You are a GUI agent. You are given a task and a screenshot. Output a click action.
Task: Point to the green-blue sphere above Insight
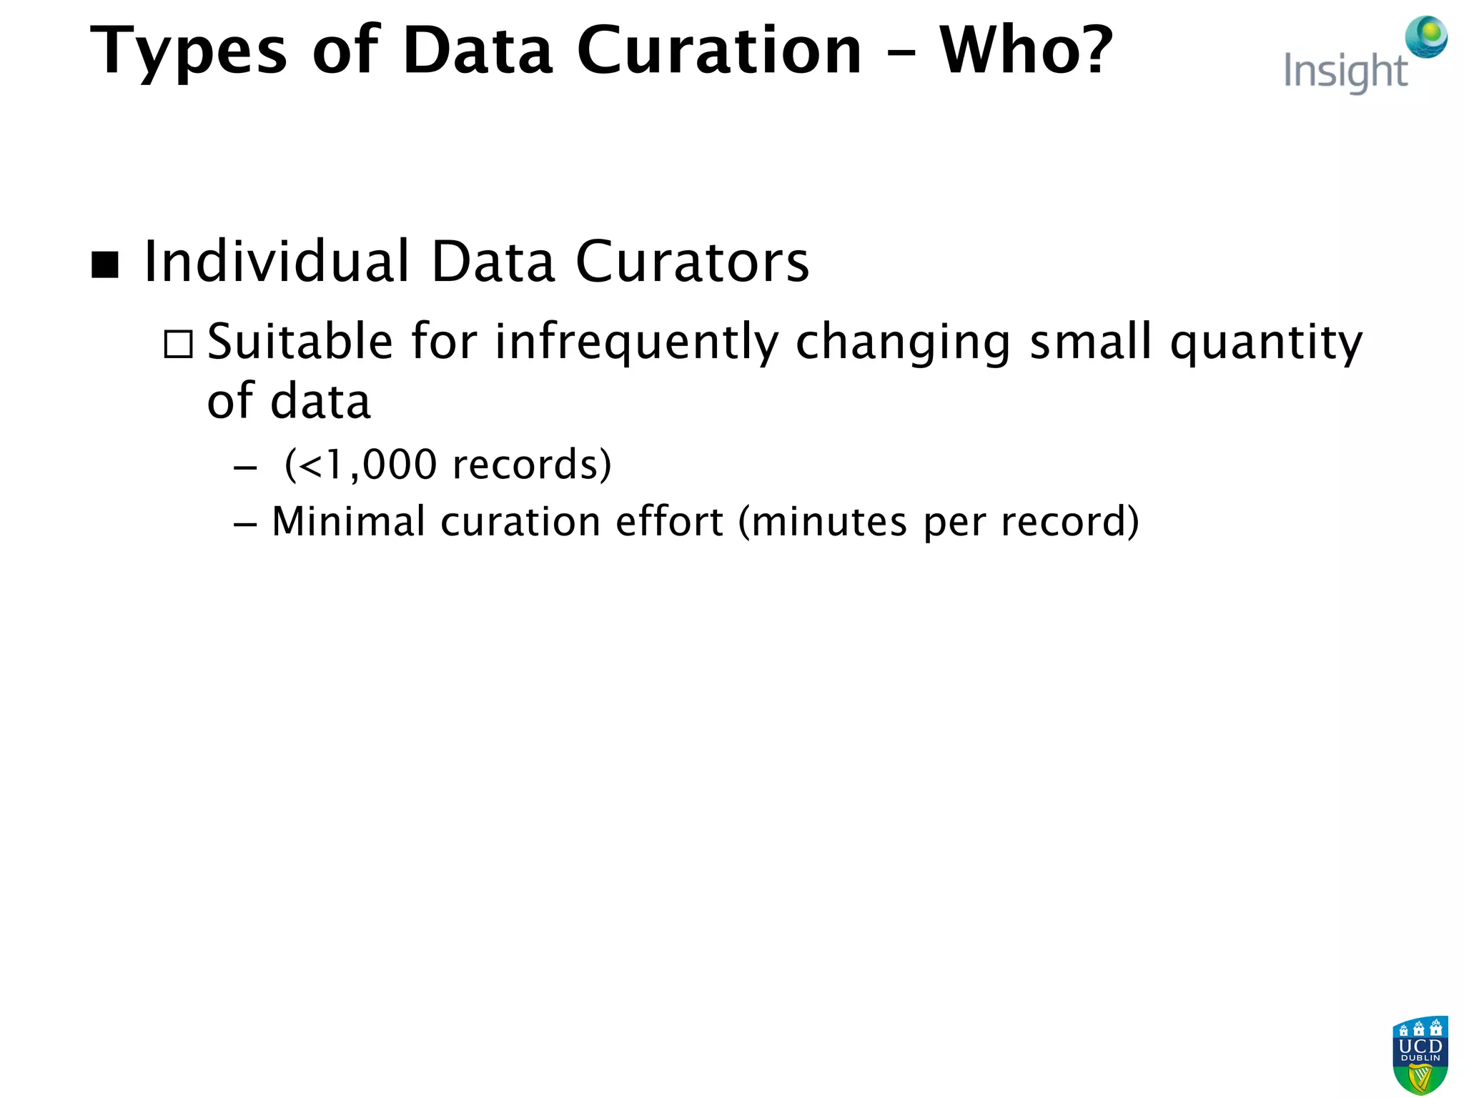1426,36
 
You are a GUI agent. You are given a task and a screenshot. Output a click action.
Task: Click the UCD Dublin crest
1420,1055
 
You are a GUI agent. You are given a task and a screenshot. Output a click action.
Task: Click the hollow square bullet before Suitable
178,344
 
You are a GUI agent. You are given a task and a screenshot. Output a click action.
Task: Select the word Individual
277,262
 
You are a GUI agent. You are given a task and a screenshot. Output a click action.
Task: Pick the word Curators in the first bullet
692,262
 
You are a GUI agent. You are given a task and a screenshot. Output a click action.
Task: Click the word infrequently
637,342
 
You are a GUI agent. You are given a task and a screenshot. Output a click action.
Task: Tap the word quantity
1266,342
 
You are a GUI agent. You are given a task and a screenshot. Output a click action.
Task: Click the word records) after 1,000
532,465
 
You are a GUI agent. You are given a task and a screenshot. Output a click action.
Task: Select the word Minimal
349,521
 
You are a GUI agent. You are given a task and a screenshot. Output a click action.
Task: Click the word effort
669,521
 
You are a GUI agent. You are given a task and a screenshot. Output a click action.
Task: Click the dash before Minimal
245,524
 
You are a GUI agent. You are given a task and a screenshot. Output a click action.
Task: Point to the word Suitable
300,341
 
